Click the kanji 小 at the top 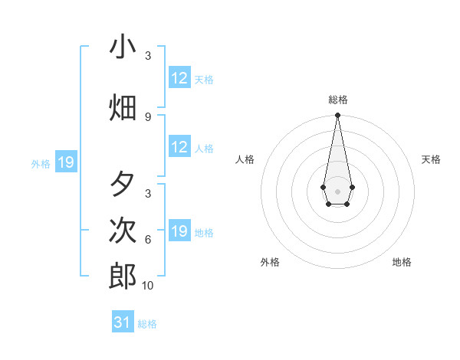click(123, 47)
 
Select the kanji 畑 click(123, 108)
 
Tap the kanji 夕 click(123, 185)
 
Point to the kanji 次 click(123, 231)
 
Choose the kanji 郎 click(123, 277)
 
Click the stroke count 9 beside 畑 click(148, 116)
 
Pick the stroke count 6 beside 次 click(148, 239)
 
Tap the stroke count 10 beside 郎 click(148, 285)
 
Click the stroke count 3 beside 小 click(148, 56)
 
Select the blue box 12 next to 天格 click(179, 78)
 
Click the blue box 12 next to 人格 click(179, 147)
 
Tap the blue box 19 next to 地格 click(179, 231)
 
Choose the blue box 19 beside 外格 click(66, 162)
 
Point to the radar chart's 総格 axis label click(337, 100)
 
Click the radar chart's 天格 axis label click(431, 159)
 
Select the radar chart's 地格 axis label click(402, 262)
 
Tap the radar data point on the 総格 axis click(337, 116)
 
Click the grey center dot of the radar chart click(337, 190)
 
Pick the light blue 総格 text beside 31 click(147, 324)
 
